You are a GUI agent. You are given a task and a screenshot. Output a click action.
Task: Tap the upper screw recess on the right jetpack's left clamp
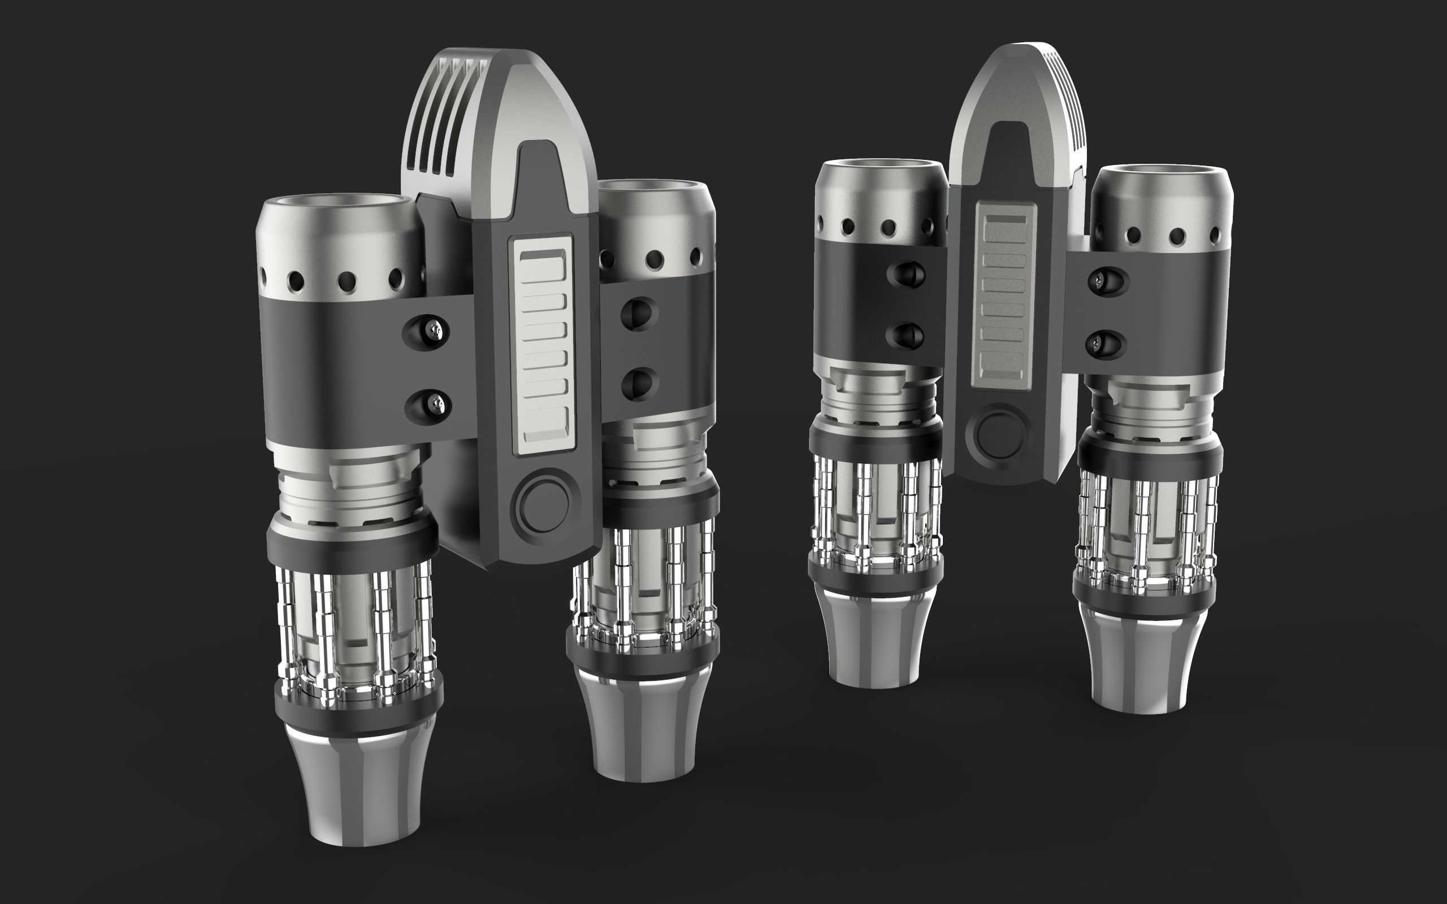point(908,274)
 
